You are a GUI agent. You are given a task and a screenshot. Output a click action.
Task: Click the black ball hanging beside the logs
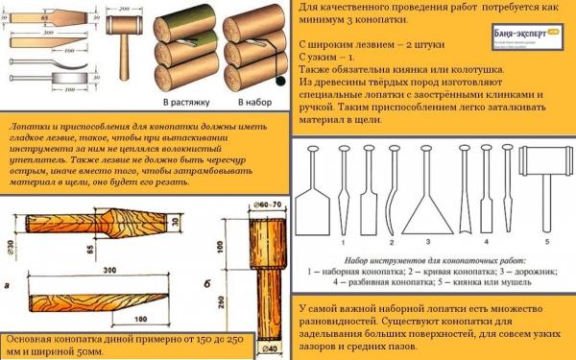pos(280,83)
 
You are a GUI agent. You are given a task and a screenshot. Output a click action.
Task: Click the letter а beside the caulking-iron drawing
pos(10,285)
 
